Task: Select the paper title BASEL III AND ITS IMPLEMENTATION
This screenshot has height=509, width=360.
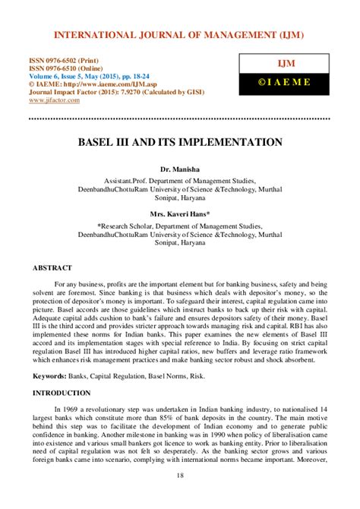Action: pyautogui.click(x=179, y=142)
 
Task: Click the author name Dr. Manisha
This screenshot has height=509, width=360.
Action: pyautogui.click(x=179, y=165)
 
